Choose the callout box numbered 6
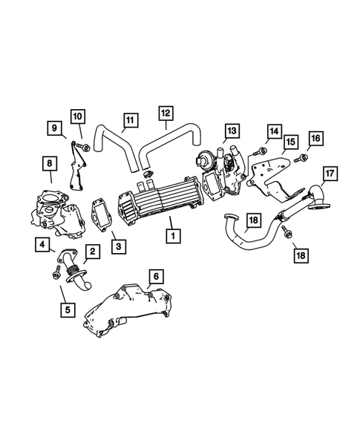point(155,277)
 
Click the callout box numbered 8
point(50,162)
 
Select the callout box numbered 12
point(166,113)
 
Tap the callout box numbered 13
point(232,131)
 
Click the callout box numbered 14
point(274,131)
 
